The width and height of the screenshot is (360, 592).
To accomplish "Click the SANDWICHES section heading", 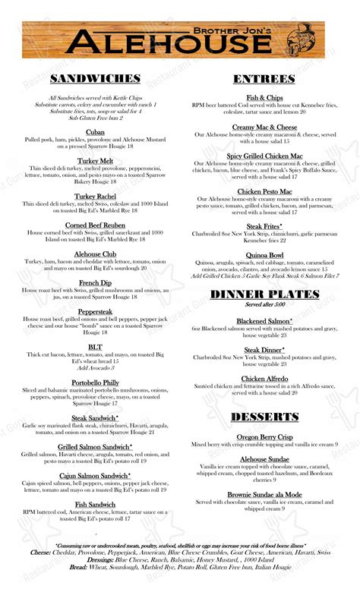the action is click(x=95, y=79).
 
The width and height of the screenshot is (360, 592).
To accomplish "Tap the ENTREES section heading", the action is click(x=264, y=79).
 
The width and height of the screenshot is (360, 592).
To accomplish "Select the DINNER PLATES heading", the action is click(x=264, y=294).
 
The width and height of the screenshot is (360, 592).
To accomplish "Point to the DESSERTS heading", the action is click(x=264, y=417).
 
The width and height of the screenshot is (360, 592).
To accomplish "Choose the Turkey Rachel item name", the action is click(x=95, y=197).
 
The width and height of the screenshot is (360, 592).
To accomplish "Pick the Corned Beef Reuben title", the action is click(x=95, y=225).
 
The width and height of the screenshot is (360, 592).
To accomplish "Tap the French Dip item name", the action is click(x=95, y=282).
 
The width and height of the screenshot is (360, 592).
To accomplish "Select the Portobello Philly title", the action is click(x=95, y=383).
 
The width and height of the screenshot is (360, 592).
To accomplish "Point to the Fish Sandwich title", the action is click(x=95, y=504).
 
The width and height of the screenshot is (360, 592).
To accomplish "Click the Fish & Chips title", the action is click(x=264, y=98).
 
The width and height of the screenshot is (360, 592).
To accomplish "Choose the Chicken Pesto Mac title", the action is click(x=264, y=191).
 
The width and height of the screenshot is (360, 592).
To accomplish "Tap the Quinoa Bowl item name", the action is click(x=264, y=255).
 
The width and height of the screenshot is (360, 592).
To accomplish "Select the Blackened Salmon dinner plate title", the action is click(x=264, y=322).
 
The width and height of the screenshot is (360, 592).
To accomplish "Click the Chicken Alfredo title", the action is click(x=264, y=379).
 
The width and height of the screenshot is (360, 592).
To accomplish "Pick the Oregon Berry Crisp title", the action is click(x=264, y=436).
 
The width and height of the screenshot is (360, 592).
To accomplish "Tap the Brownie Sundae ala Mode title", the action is click(x=264, y=494).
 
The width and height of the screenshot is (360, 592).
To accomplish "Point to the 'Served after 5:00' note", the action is click(x=264, y=304).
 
